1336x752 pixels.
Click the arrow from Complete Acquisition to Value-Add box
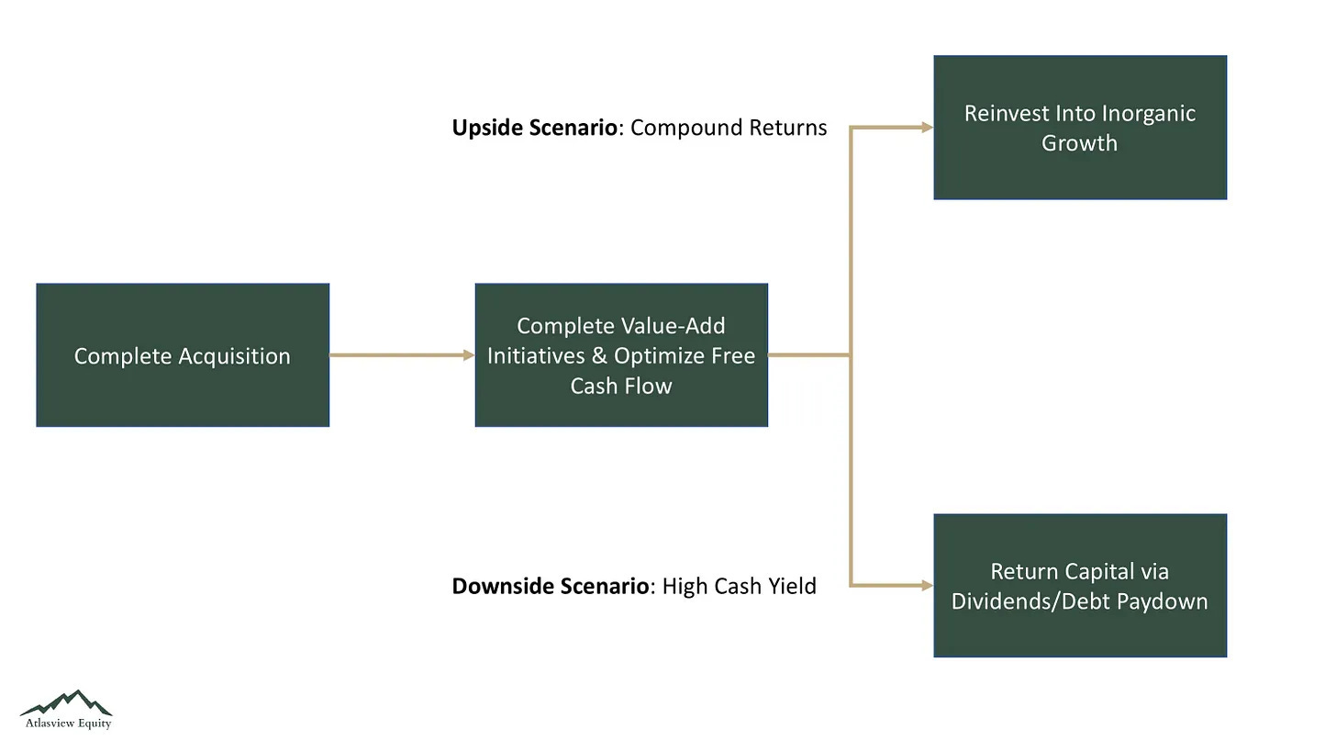(401, 354)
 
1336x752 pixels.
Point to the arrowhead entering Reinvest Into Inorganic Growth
(926, 128)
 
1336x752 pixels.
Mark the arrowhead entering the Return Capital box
(926, 585)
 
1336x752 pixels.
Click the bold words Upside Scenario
(534, 128)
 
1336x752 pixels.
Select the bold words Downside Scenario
(550, 586)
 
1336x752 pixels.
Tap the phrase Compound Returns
(728, 128)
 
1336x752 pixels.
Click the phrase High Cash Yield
(739, 586)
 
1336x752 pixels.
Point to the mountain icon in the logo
(66, 702)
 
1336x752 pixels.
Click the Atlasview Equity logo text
(68, 724)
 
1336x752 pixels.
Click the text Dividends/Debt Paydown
(1079, 601)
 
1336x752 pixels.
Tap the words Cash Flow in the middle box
(621, 386)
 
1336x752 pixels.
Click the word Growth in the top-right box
(1079, 143)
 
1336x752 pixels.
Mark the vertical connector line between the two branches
(851, 459)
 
